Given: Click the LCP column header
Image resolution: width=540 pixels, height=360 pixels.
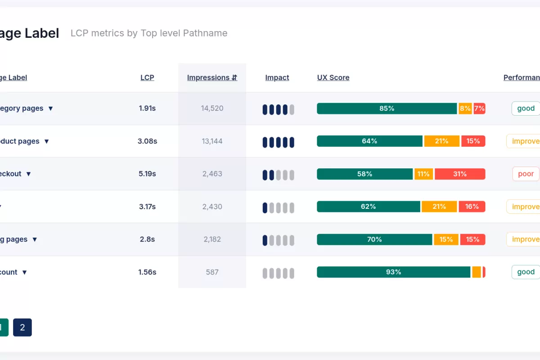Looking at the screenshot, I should click(x=147, y=77).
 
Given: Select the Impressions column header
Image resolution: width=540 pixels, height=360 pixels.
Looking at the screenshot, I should click(x=212, y=77).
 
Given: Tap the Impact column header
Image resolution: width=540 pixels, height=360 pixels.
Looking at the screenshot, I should click(x=277, y=77).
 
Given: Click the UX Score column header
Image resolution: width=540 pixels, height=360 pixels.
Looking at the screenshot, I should click(x=333, y=77).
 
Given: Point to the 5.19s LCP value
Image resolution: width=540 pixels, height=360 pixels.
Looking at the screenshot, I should click(x=147, y=174).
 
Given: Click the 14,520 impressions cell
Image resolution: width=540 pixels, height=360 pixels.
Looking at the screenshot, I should click(x=212, y=108).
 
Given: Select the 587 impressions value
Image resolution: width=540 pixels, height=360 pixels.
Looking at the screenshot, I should click(x=212, y=272).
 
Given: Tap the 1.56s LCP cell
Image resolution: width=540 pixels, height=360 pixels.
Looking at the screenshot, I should click(x=147, y=272).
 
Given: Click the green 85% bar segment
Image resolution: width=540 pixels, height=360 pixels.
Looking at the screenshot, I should click(x=387, y=108).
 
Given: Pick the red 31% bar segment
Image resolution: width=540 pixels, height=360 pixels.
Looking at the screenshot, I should click(x=460, y=174).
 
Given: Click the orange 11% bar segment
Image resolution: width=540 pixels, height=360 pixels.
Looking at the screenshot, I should click(x=423, y=174).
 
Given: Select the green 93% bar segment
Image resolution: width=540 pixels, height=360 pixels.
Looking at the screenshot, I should click(x=393, y=272).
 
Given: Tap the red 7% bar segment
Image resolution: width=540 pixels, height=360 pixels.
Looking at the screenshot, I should click(x=479, y=108).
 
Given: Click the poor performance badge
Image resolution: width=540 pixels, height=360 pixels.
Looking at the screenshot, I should click(x=526, y=174).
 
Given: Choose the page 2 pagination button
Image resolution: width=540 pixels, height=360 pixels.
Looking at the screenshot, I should click(x=22, y=328).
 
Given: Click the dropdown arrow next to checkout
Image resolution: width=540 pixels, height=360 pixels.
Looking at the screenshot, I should click(x=28, y=174).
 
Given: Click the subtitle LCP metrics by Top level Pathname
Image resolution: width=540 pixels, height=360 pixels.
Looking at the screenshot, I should click(x=149, y=33).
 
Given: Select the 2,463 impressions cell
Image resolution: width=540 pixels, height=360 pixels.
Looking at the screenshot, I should click(x=212, y=174).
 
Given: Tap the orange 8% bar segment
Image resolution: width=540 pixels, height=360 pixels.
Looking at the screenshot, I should click(x=465, y=108).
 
